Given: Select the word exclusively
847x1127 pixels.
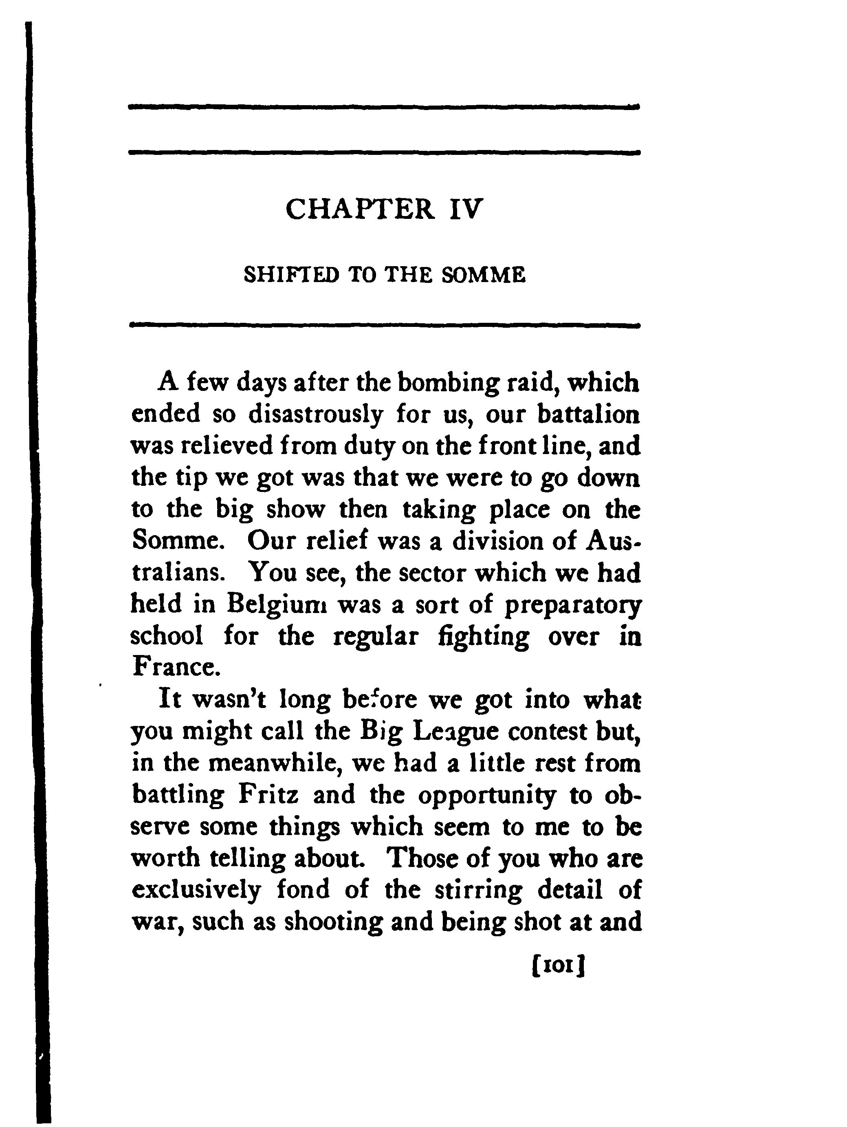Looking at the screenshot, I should [x=196, y=890].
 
